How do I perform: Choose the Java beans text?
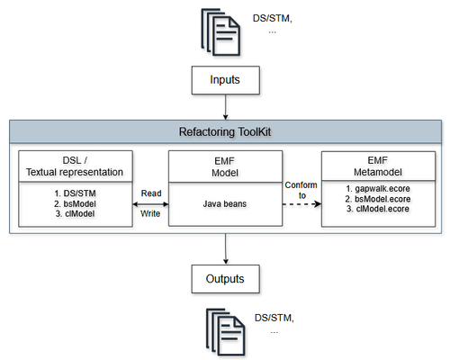224,204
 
